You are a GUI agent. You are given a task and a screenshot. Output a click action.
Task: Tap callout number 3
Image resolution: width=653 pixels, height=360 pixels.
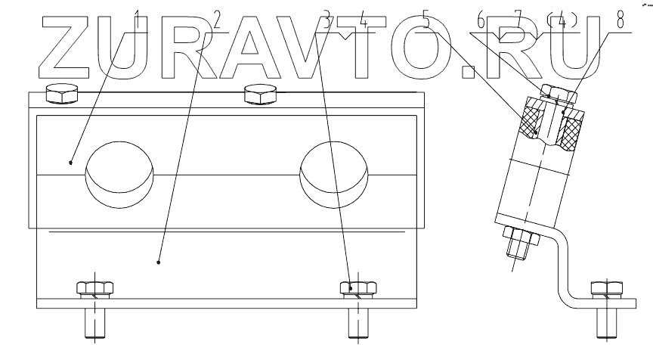[326, 20]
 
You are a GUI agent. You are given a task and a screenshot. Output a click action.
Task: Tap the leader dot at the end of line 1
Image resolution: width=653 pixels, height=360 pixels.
[70, 161]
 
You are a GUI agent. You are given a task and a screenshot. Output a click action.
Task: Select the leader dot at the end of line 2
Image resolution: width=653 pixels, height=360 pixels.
[159, 262]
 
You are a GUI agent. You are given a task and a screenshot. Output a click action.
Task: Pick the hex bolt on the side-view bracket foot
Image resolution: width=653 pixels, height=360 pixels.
[608, 290]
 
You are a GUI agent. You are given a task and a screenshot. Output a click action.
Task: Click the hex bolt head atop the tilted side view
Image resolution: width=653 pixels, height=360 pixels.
[559, 94]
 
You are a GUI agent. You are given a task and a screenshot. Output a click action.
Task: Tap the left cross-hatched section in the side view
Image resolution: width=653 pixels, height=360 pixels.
[532, 121]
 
